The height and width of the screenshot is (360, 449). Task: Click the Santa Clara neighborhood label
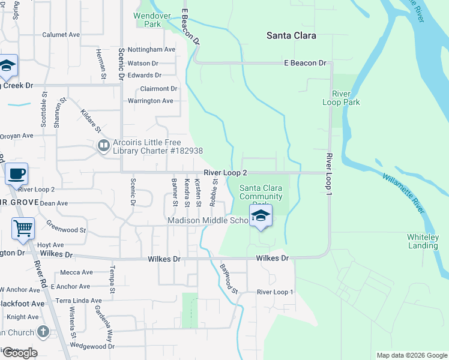[291, 35]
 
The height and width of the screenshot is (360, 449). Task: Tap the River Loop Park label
[346, 98]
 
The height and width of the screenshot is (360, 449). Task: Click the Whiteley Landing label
[423, 241]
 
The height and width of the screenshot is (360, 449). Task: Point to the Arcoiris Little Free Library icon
[104, 146]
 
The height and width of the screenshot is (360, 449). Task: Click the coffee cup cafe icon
[16, 174]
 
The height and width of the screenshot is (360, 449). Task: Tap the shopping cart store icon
[23, 228]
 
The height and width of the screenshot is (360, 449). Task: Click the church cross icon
[43, 331]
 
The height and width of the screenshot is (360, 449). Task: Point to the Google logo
[19, 353]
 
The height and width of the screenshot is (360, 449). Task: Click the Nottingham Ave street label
[151, 49]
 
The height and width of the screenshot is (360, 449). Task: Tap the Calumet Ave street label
[61, 35]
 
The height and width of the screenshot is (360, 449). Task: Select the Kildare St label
[91, 122]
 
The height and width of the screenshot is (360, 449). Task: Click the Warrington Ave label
[150, 101]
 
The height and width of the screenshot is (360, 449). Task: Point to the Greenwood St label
[67, 229]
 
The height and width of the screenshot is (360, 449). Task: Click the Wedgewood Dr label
[92, 346]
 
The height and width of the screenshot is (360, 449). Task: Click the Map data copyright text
[411, 355]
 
